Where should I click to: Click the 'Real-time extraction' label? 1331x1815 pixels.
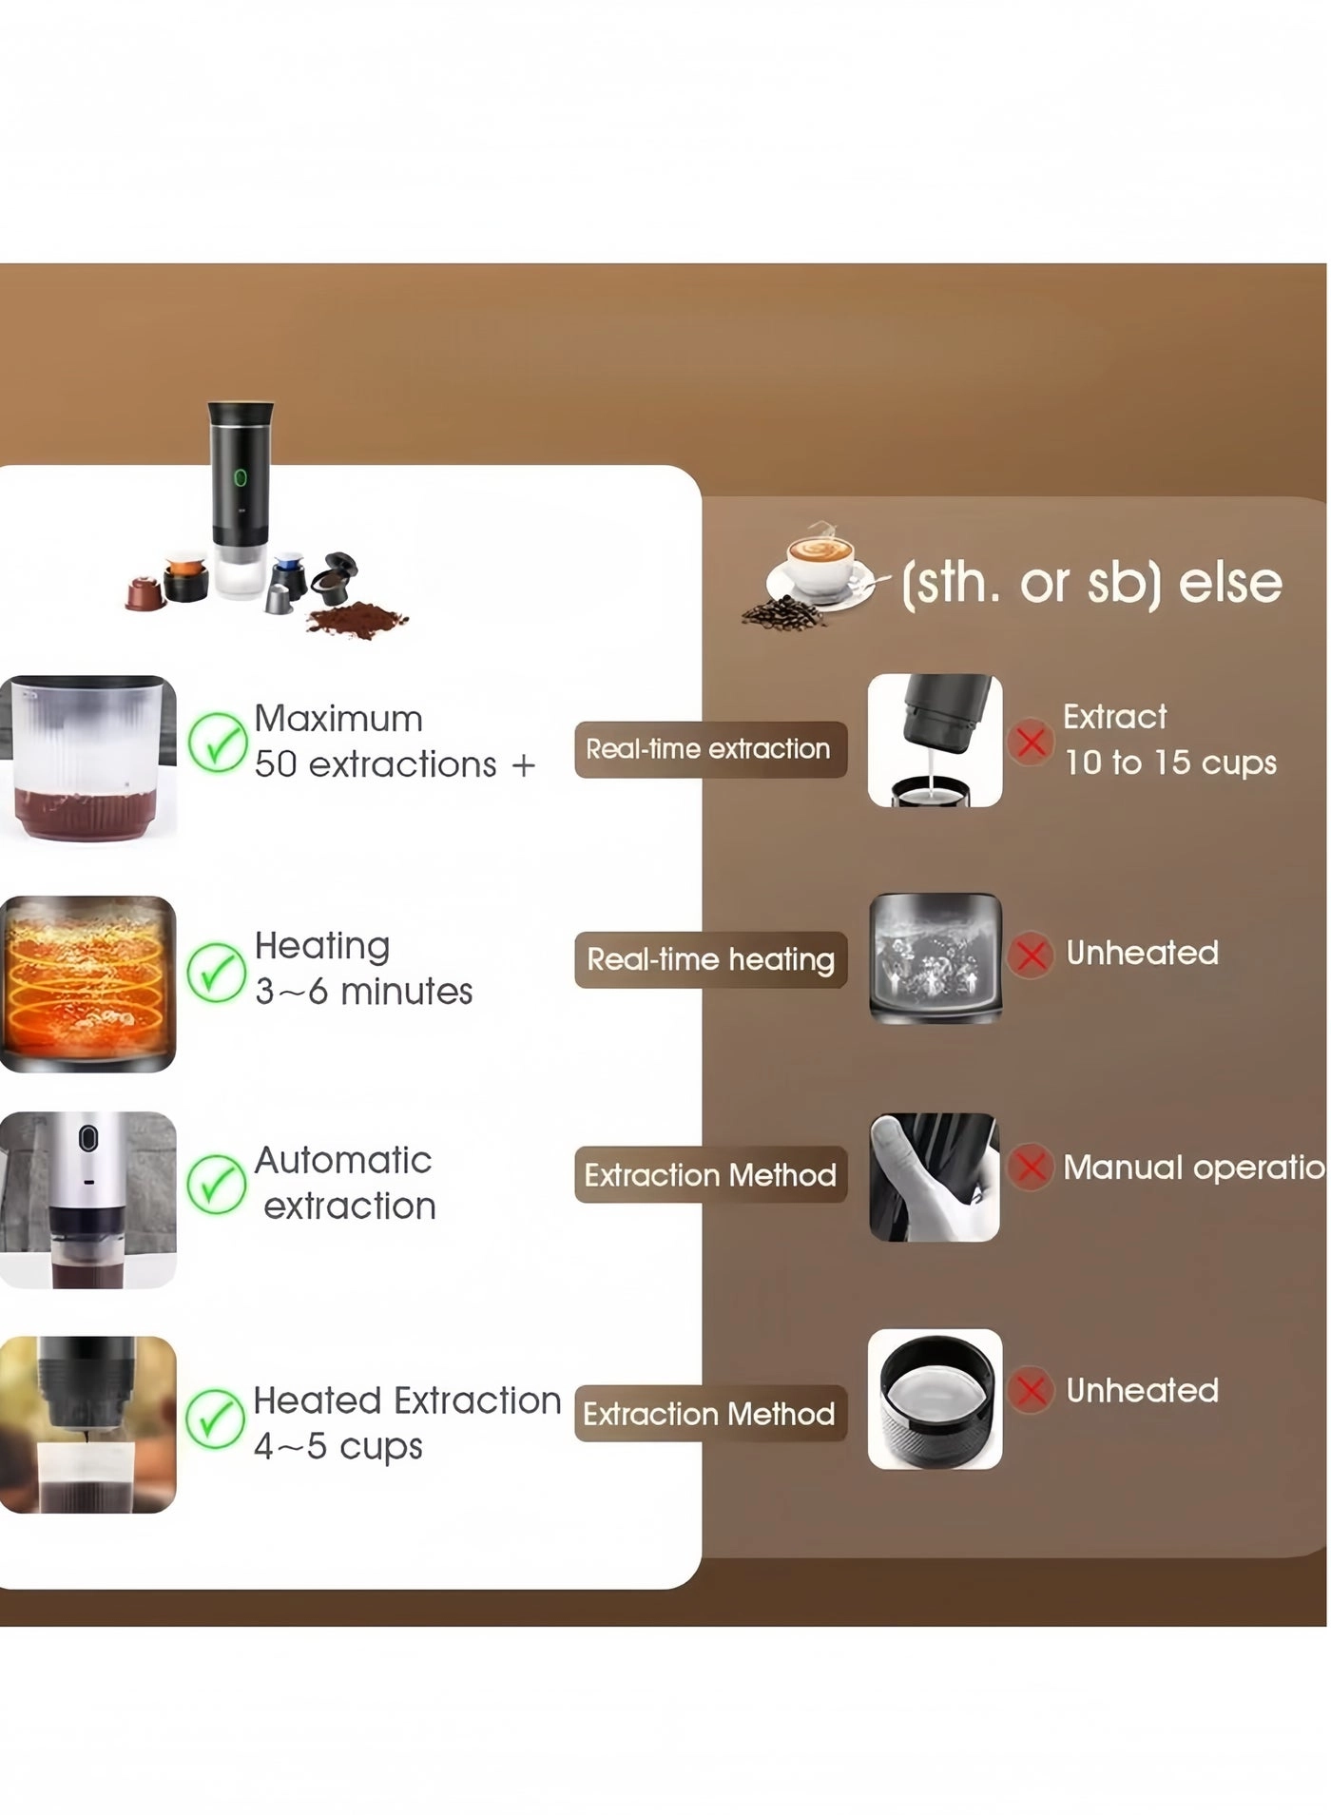coord(709,749)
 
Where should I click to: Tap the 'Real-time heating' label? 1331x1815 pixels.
coord(709,959)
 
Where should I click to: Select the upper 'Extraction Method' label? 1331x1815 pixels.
coord(709,1175)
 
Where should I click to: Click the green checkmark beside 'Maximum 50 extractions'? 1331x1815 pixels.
coord(217,743)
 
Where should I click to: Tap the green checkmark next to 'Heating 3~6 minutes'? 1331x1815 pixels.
coord(217,973)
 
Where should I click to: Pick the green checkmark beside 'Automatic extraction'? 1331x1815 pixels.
coord(217,1185)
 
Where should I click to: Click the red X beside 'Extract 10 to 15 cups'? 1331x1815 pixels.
coord(1031,742)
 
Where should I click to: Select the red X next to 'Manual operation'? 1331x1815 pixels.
coord(1031,1167)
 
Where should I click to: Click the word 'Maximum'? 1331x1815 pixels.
coord(338,719)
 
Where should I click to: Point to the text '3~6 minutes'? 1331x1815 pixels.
coord(363,992)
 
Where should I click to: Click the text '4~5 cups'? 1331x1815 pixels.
coord(338,1446)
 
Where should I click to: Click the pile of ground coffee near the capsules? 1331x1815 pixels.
coord(357,619)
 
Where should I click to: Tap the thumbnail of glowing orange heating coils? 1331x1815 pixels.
coord(87,984)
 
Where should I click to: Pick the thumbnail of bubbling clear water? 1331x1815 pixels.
coord(935,957)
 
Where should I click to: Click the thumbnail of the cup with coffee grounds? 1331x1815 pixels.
coord(87,758)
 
